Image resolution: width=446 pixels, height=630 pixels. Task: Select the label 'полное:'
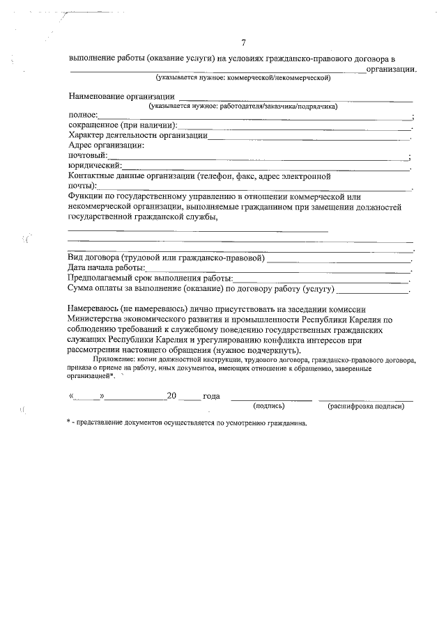[x=83, y=116]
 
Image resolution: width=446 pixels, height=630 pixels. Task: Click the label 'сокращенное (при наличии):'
[x=123, y=125]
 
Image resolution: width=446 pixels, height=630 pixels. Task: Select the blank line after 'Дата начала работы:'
[x=278, y=268]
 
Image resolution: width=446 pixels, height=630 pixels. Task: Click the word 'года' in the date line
[x=211, y=396]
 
